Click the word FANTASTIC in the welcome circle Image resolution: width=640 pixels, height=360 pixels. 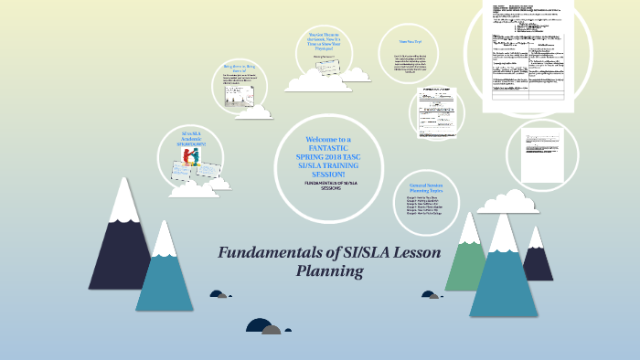click(x=329, y=147)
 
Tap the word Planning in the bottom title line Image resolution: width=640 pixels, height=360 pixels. click(x=330, y=271)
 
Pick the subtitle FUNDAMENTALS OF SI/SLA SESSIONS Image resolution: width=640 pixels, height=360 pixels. click(x=329, y=187)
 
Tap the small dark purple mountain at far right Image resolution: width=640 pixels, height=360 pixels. click(x=538, y=260)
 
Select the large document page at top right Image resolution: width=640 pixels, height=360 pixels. click(x=529, y=55)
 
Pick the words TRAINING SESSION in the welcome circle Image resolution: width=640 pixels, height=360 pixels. click(x=329, y=169)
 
